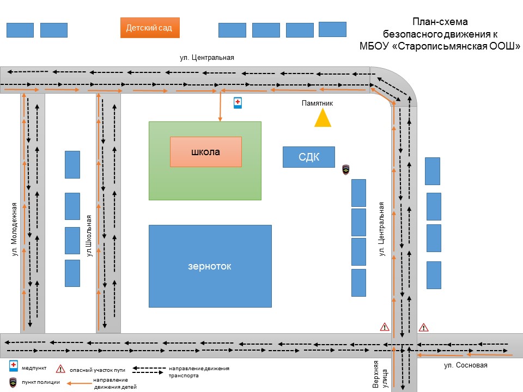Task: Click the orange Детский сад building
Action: tap(149, 28)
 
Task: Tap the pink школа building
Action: tap(205, 152)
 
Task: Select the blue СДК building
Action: tap(308, 157)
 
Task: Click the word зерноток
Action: tap(210, 266)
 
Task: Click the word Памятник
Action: tap(317, 103)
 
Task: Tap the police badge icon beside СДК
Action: tap(345, 170)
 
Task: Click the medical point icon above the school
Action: tap(238, 102)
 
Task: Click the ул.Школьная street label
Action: tap(89, 235)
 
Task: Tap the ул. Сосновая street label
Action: tap(466, 365)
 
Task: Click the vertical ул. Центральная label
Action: tap(382, 229)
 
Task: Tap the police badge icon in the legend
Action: tap(13, 382)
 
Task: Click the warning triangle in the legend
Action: tap(60, 369)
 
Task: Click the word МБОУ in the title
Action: tap(374, 46)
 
